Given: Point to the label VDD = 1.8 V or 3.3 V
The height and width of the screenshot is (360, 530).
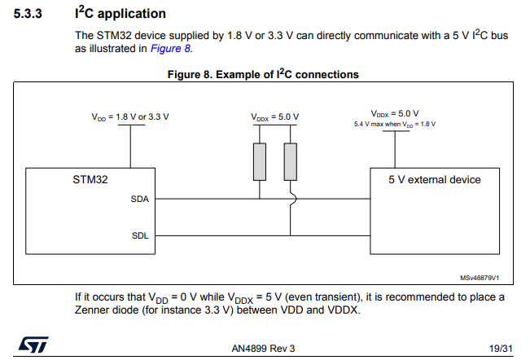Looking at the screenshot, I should pos(130,116).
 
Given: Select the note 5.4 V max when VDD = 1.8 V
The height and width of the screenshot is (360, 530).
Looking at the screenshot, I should pos(395,124).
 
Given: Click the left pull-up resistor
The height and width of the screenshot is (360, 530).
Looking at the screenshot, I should pos(260,160).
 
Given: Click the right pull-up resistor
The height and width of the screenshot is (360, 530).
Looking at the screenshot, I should pos(290,160).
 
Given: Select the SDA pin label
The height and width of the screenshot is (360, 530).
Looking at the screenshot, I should pos(139,199).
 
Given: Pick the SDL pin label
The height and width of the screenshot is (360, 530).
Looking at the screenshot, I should pos(139,235).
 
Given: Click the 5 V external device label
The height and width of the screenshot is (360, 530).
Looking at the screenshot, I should pos(435,179).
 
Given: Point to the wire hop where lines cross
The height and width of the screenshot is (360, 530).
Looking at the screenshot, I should pos(291,199).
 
